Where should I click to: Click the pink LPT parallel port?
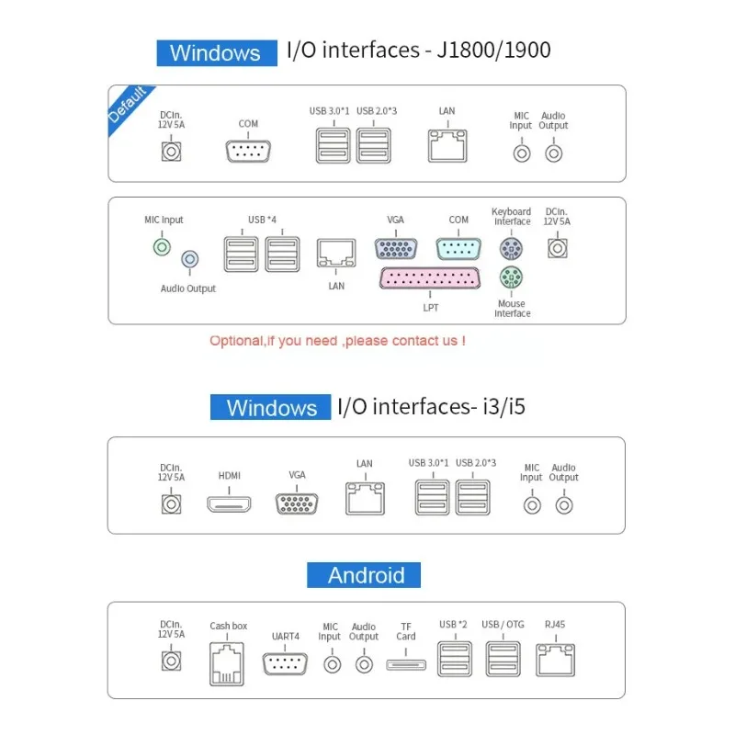coord(430,278)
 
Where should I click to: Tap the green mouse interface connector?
coord(511,277)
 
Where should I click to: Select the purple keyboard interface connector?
coord(511,248)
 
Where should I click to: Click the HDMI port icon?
coord(229,504)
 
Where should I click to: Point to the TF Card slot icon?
coord(406,664)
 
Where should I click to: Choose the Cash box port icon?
coord(227,664)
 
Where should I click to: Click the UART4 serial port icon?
coord(285,663)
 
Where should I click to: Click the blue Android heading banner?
coord(364,575)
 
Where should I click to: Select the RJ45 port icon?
coord(556,660)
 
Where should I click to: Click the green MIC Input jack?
coord(163,247)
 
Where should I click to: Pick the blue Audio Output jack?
coord(190,259)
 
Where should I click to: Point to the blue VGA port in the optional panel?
coord(396,248)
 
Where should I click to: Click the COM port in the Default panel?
coord(248,151)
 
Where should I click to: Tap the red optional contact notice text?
coord(337,341)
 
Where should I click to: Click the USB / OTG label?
coord(503,625)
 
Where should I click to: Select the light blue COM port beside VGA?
coord(458,248)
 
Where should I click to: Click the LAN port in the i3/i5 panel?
coord(365,498)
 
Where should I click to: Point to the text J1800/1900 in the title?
coord(493,51)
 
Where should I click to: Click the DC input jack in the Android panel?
coord(171,661)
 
